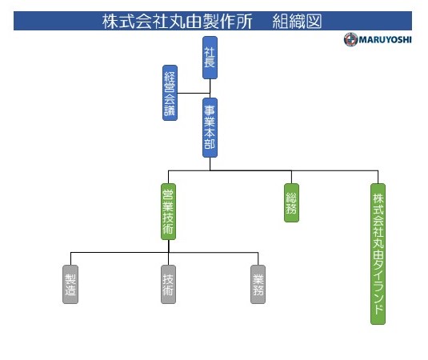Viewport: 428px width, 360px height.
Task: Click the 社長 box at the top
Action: pos(210,58)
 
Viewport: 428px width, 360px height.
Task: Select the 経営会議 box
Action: pos(170,93)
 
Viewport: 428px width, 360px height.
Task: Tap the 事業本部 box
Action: pos(210,127)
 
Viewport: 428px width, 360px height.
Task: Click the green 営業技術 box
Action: pos(168,211)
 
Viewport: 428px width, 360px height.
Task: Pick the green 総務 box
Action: pos(291,202)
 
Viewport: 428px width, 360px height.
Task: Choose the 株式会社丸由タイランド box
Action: pos(378,254)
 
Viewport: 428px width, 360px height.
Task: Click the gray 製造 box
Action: pos(70,284)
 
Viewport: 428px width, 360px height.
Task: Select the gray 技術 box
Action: pos(168,284)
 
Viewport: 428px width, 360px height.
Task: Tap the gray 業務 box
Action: pos(258,284)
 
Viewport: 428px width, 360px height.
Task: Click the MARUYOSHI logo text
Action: pos(385,40)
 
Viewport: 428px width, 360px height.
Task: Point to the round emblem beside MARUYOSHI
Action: pos(350,39)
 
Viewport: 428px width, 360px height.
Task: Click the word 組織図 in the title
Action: pos(297,22)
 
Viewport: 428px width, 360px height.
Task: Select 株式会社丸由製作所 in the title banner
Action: pos(178,22)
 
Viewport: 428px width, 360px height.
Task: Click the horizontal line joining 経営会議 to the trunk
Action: pos(194,93)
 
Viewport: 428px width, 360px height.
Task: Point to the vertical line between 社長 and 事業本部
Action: pos(210,89)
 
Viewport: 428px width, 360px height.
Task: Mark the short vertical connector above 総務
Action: pos(291,177)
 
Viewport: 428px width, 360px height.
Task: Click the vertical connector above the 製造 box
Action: pos(70,258)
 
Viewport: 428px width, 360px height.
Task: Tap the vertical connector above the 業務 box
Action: pos(258,258)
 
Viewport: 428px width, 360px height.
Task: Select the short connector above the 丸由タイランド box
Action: pos(378,177)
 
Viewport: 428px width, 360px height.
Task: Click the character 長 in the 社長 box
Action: pos(210,62)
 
